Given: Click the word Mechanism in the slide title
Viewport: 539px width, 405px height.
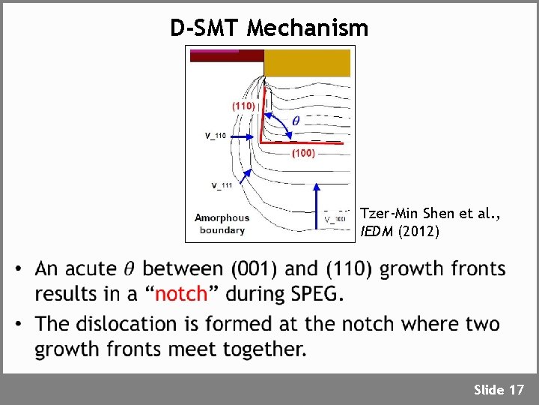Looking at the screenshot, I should pyautogui.click(x=308, y=28).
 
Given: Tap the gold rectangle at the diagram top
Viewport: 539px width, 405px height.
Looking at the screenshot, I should pyautogui.click(x=307, y=63).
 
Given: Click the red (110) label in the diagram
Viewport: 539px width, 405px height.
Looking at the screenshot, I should pyautogui.click(x=243, y=106).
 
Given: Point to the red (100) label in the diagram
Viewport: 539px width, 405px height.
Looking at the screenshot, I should pyautogui.click(x=302, y=153).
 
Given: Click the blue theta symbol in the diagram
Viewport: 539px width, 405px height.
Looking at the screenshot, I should pyautogui.click(x=296, y=120).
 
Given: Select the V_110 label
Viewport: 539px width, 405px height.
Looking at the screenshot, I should pyautogui.click(x=216, y=136).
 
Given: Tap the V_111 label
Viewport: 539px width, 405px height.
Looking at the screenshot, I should pyautogui.click(x=222, y=185).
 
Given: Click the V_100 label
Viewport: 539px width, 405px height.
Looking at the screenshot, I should pyautogui.click(x=335, y=219).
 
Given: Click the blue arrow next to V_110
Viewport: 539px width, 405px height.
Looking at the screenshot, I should pyautogui.click(x=243, y=136).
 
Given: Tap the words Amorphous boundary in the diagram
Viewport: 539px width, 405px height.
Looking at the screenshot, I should pyautogui.click(x=222, y=224).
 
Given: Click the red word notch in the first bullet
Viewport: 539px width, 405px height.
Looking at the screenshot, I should pyautogui.click(x=180, y=294).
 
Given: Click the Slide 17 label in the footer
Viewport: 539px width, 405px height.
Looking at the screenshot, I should pyautogui.click(x=499, y=389).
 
